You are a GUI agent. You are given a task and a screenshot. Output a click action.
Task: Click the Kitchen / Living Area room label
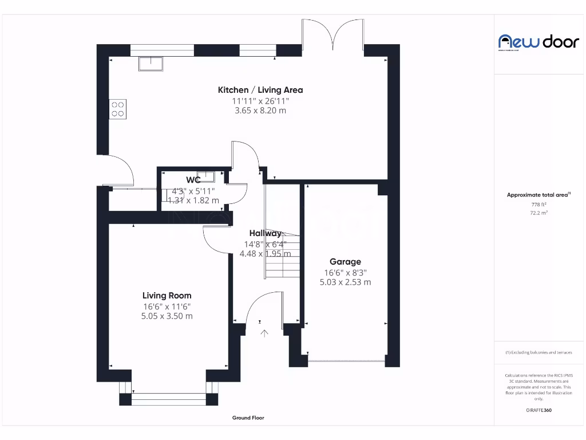260,90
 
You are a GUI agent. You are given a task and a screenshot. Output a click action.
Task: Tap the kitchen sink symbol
151,63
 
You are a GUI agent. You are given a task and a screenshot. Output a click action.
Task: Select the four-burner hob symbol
118,109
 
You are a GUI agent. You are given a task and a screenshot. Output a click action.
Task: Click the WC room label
193,180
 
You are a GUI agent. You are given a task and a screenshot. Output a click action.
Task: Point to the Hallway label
265,233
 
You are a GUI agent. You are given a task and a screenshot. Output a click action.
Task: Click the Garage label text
345,262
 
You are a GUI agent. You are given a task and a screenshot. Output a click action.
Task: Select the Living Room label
167,296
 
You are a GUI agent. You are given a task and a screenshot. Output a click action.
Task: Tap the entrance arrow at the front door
264,333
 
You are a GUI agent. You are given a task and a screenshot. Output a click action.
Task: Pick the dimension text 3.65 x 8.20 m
260,111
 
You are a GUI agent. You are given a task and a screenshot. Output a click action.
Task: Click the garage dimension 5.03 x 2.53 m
345,282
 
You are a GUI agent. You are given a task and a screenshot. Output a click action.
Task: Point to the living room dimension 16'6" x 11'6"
167,306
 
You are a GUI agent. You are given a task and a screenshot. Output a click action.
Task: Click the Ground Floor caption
248,418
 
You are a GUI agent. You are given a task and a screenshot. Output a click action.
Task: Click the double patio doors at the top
334,34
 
